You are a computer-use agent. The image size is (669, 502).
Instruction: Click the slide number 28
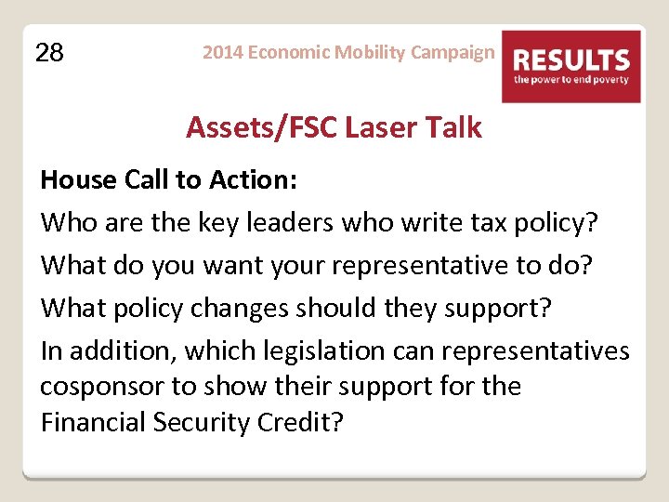click(x=49, y=53)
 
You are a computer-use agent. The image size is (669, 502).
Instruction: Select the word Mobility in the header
click(x=367, y=52)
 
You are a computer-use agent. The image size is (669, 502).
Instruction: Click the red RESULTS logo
click(x=571, y=61)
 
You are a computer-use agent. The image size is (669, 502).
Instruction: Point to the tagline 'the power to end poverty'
click(x=571, y=80)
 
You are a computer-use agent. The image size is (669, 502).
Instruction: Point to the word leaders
click(x=284, y=223)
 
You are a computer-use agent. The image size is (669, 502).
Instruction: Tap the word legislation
click(x=306, y=351)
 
